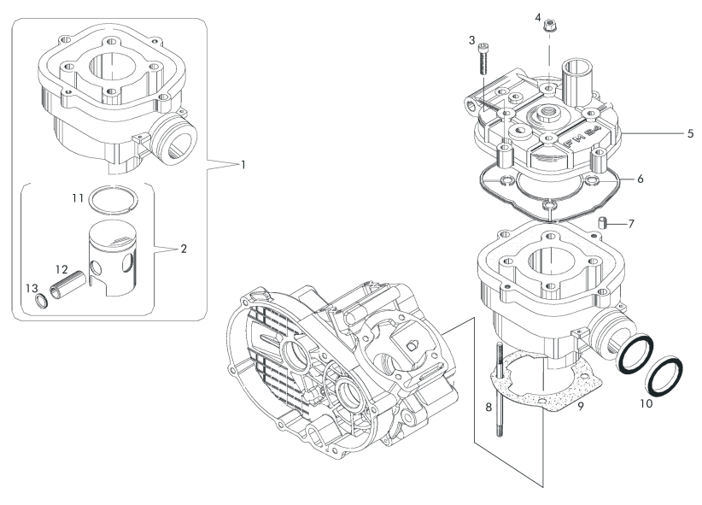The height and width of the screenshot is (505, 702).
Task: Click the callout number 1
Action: pos(243,164)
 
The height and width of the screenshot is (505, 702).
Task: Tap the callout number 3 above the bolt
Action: pos(471,40)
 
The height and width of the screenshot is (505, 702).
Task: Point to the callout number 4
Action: pos(538,17)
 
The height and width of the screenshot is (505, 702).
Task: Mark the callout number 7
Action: pos(631,224)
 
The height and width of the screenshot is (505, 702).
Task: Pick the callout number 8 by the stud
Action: pos(488,408)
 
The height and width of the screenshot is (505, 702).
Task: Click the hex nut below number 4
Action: pos(548,27)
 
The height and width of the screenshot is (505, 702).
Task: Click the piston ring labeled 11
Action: pos(116,200)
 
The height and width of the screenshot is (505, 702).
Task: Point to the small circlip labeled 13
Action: pos(39,301)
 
